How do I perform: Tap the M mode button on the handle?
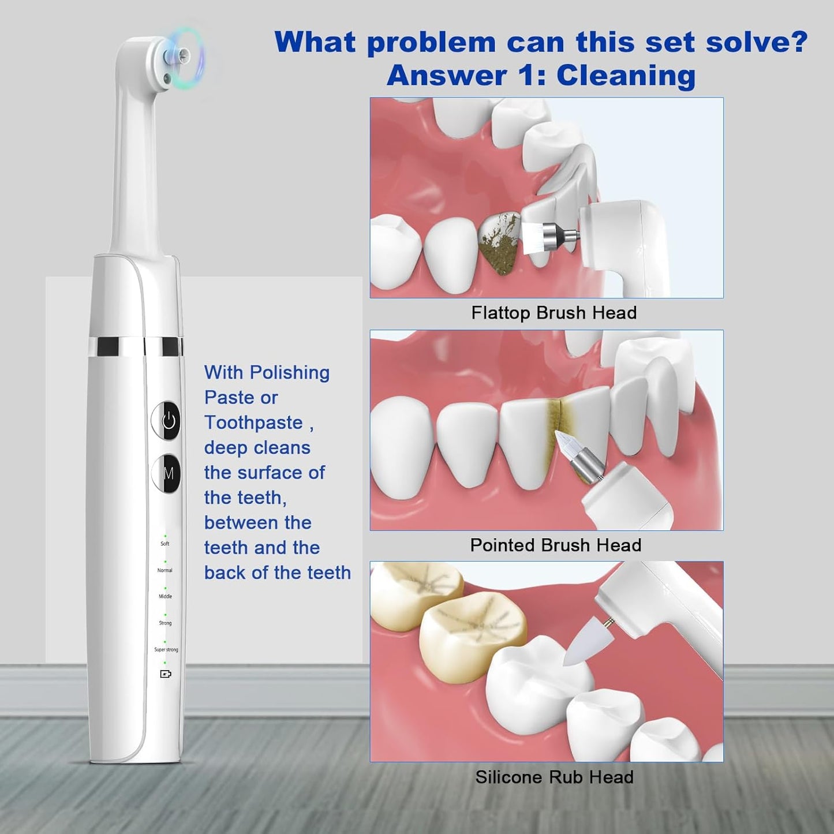click(167, 473)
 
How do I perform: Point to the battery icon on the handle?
click(166, 674)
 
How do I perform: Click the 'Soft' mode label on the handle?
click(165, 544)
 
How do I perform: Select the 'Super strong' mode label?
click(166, 649)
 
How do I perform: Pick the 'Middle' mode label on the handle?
click(165, 596)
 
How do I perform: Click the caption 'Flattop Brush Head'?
click(553, 313)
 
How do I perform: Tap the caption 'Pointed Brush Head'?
click(555, 545)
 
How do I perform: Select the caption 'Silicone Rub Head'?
click(554, 777)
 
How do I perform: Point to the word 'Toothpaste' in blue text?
click(253, 422)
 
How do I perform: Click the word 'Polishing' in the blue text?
click(290, 373)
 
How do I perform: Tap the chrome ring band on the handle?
click(136, 346)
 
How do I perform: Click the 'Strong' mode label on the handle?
click(165, 623)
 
